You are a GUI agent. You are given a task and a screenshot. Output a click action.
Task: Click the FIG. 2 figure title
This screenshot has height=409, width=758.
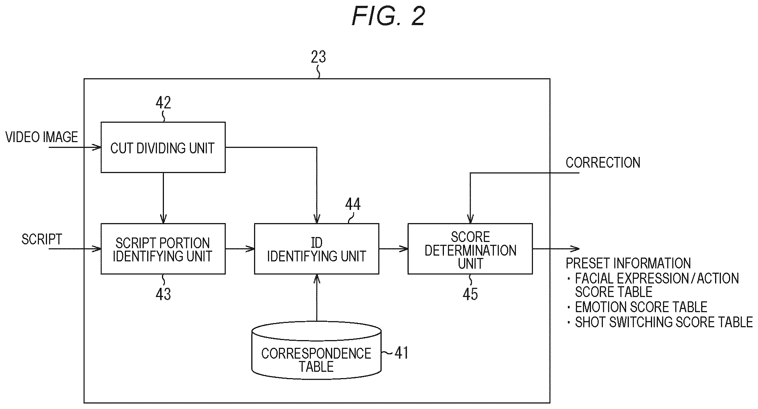pyautogui.click(x=388, y=16)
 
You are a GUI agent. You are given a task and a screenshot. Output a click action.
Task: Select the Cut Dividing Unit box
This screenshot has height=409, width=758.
pyautogui.click(x=163, y=147)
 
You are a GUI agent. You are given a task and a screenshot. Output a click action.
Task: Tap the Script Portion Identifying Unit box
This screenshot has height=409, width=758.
pyautogui.click(x=163, y=249)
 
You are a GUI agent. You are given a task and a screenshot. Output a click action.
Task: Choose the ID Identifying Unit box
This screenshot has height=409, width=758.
pyautogui.click(x=317, y=249)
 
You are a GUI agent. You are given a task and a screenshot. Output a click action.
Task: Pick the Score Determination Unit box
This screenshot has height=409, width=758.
pyautogui.click(x=470, y=249)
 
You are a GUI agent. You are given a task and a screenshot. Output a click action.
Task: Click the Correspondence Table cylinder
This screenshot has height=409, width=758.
pyautogui.click(x=317, y=350)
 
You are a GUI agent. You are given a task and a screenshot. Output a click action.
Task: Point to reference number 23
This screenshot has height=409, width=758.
pyautogui.click(x=318, y=57)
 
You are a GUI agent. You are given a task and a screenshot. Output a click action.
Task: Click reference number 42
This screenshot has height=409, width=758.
pyautogui.click(x=163, y=103)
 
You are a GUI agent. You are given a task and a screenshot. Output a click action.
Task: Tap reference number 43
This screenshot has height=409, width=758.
pyautogui.click(x=163, y=294)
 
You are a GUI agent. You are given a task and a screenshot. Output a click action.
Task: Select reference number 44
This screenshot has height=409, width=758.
pyautogui.click(x=353, y=204)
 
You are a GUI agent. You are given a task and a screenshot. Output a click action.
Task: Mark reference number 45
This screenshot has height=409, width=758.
pyautogui.click(x=470, y=294)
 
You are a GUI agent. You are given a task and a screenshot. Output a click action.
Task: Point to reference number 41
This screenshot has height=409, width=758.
pyautogui.click(x=401, y=353)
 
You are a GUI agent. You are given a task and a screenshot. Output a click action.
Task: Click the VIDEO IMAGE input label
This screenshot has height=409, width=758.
pyautogui.click(x=42, y=137)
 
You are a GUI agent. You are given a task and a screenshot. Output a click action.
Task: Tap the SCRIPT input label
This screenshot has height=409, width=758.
pyautogui.click(x=42, y=239)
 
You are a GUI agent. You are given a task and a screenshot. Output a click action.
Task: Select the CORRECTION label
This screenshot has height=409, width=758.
pyautogui.click(x=603, y=163)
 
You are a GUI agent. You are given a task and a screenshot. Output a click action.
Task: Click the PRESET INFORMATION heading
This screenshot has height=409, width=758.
pyautogui.click(x=628, y=263)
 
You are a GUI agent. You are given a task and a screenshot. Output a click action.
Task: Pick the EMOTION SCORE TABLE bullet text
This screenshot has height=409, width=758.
pyautogui.click(x=641, y=307)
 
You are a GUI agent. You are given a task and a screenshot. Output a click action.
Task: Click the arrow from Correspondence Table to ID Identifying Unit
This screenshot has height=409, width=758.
pyautogui.click(x=317, y=298)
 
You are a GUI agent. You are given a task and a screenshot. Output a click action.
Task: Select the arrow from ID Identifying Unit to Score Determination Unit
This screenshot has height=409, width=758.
pyautogui.click(x=393, y=249)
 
